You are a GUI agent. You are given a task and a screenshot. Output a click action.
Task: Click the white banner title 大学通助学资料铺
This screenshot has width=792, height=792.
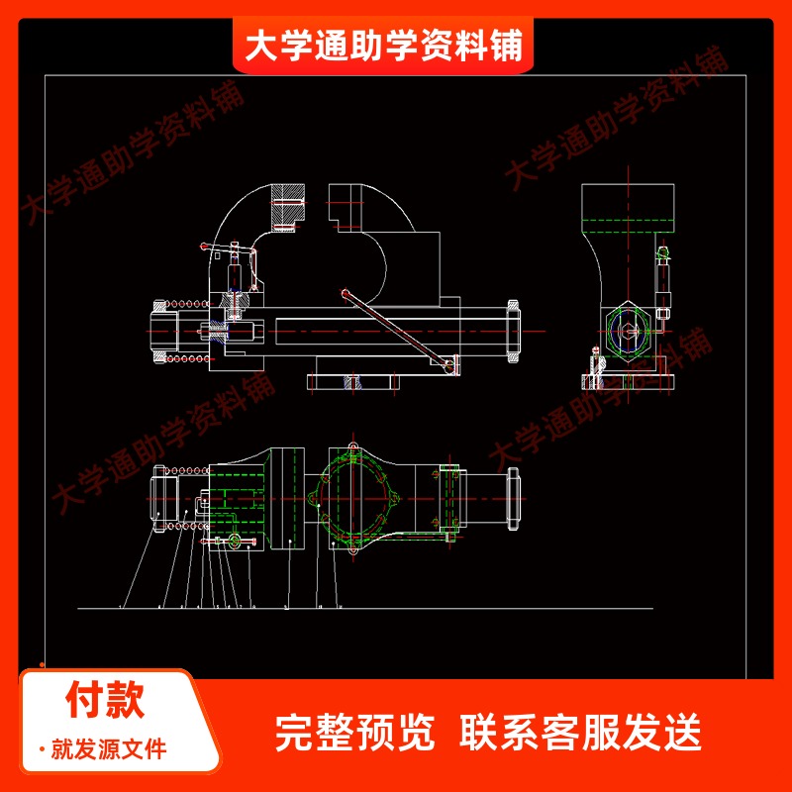pos(383,46)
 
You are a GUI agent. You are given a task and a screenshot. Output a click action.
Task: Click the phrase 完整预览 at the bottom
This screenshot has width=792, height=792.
pos(354,734)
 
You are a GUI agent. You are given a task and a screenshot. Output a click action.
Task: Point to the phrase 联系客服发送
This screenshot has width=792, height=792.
pos(581,734)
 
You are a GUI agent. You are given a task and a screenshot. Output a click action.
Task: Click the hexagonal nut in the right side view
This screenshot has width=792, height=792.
pos(627,335)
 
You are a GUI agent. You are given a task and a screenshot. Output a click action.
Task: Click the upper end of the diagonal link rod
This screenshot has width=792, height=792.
pos(345,293)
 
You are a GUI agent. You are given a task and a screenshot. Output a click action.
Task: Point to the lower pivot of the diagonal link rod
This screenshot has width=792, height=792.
pos(450,367)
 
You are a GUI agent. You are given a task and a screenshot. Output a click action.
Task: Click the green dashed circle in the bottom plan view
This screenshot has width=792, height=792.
pos(357,495)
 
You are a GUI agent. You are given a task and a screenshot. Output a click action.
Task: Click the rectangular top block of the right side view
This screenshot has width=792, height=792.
pos(628,206)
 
